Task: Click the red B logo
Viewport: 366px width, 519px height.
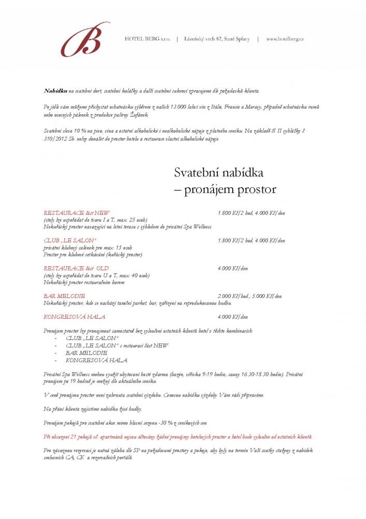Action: coord(85,39)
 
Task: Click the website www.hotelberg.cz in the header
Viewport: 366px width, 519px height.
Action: coord(285,39)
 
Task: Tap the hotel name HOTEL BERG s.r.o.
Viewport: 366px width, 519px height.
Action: coord(148,39)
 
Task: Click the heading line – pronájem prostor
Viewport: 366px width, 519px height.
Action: coord(225,189)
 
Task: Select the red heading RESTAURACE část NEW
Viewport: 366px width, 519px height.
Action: coord(77,213)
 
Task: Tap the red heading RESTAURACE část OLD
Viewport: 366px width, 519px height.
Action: coord(76,268)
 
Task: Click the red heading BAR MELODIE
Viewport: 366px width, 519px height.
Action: coord(64,296)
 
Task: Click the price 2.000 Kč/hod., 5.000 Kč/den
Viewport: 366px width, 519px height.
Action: coord(250,296)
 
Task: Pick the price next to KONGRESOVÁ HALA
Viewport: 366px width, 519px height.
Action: coord(233,317)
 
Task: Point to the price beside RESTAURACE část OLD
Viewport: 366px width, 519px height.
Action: coord(233,268)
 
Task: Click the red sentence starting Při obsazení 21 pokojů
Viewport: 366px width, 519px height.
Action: coord(178,436)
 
